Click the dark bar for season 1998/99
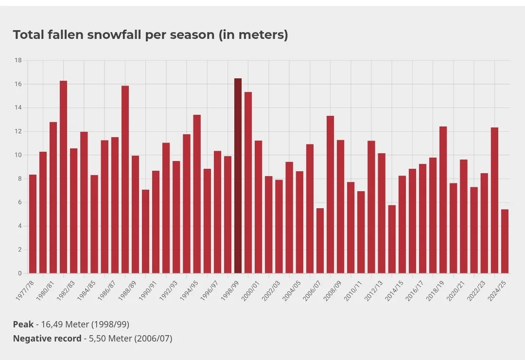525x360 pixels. tap(238, 176)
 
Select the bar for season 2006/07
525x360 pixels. tap(320, 241)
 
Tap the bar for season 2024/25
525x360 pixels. tap(505, 241)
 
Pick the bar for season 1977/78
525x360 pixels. tap(33, 224)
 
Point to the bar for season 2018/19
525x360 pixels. tap(443, 200)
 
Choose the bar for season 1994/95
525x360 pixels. tap(197, 194)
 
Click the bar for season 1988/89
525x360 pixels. tap(135, 215)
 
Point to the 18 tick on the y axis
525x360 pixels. tap(18, 60)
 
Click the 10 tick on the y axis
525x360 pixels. tap(18, 155)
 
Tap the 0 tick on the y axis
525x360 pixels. tap(20, 273)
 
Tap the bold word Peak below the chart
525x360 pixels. tap(23, 324)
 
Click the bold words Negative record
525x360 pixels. tap(47, 339)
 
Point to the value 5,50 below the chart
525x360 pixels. tap(97, 339)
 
